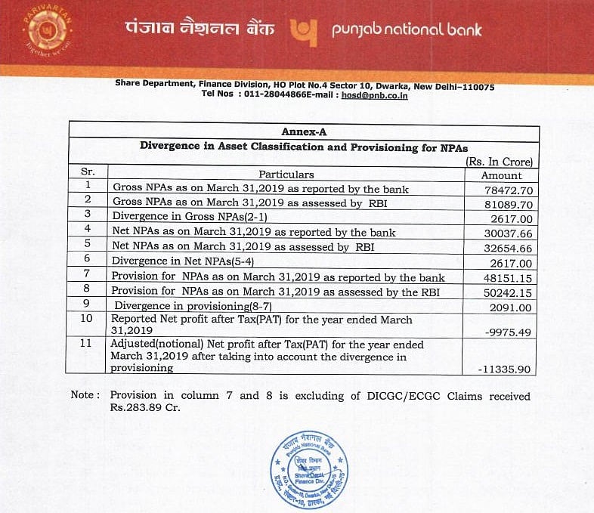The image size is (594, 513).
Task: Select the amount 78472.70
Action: click(x=508, y=188)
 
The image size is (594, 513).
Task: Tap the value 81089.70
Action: click(x=508, y=202)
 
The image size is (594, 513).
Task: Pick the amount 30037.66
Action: click(x=508, y=233)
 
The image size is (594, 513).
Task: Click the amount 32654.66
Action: click(x=508, y=247)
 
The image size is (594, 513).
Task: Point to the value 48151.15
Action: click(x=508, y=277)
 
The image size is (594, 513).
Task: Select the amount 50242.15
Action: click(x=508, y=292)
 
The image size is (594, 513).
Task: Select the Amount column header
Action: click(x=502, y=174)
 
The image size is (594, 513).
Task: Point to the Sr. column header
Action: click(x=87, y=173)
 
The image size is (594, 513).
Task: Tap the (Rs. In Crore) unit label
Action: click(x=500, y=161)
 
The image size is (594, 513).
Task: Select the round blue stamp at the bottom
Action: click(x=310, y=461)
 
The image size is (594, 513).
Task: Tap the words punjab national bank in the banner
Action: click(x=407, y=31)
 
